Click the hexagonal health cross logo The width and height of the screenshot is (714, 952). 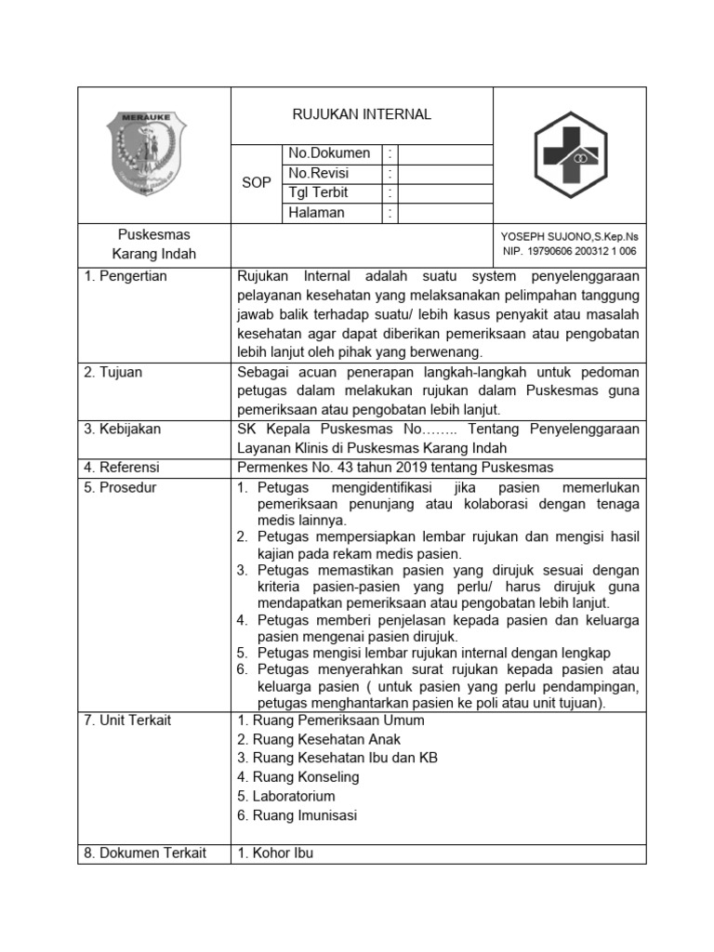pos(569,155)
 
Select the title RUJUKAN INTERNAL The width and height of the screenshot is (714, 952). pos(362,114)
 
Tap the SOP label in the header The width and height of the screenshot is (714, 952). pos(257,183)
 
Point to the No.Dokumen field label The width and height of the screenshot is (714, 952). pos(329,153)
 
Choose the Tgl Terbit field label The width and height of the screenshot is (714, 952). pos(318,192)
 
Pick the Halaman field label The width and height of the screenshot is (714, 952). pos(316,212)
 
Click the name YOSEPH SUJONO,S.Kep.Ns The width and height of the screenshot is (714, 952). pos(569,237)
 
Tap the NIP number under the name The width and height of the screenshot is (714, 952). pos(569,251)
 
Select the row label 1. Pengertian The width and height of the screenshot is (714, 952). pos(126,276)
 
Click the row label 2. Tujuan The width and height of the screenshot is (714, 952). pos(113,372)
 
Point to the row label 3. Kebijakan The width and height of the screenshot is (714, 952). pos(123,429)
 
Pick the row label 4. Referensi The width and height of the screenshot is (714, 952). pos(122,467)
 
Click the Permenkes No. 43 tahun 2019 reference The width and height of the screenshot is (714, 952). pos(395,467)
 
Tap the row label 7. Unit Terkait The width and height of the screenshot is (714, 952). pos(128,721)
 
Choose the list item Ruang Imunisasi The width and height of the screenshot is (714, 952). pos(297,815)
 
